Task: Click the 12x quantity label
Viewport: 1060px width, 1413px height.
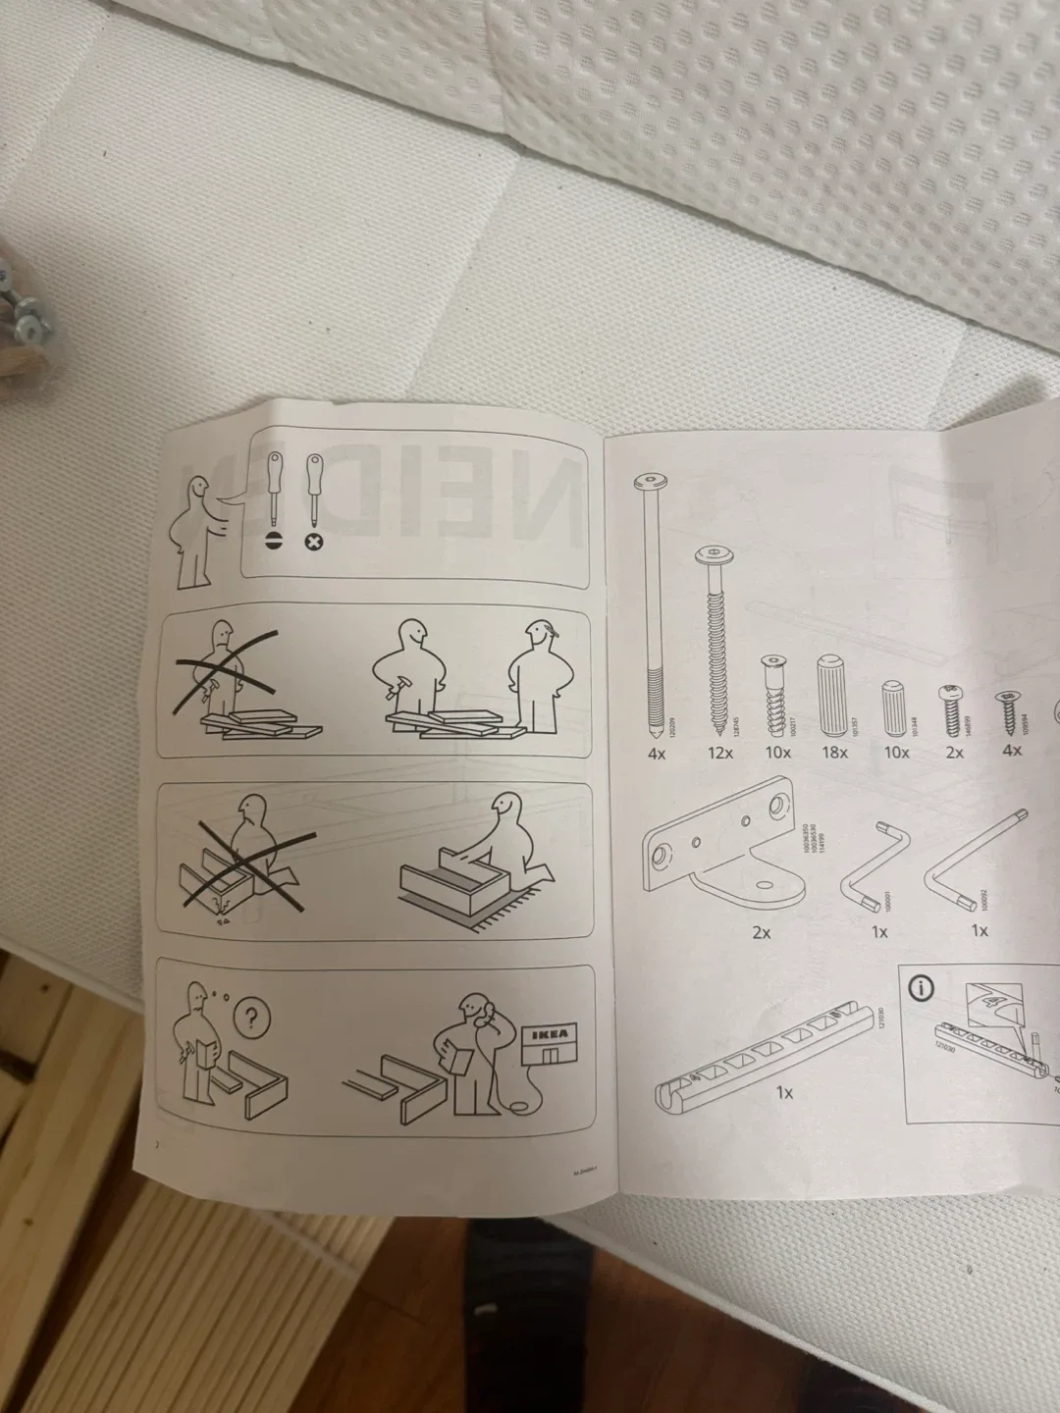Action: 719,753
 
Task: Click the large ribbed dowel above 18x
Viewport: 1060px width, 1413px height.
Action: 831,690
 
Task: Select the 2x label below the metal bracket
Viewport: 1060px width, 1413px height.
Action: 761,933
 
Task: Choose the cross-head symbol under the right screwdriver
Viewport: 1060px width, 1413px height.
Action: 317,541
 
